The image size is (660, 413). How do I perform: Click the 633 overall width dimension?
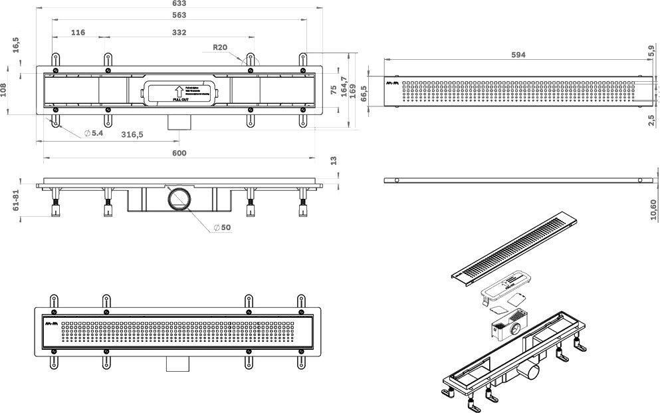click(180, 3)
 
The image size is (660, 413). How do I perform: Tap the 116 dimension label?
click(78, 32)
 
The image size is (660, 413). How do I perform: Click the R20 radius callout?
click(221, 48)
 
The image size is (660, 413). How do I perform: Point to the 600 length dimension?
click(179, 153)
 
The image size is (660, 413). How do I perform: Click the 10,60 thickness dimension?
click(655, 207)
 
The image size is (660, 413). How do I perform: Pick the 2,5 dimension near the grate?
click(652, 120)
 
